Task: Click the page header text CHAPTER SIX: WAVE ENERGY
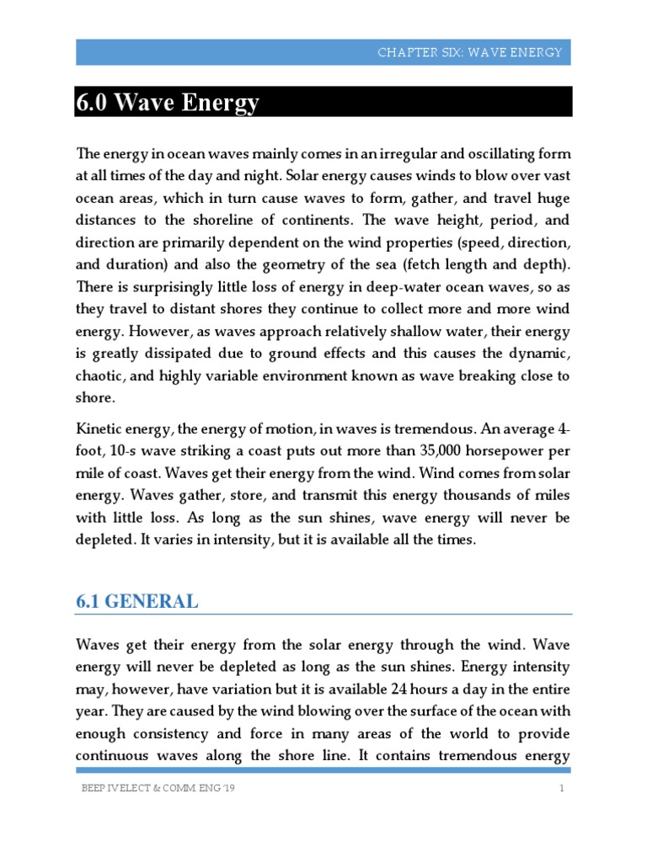[470, 52]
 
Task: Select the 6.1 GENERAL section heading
[137, 601]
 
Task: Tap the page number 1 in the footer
[559, 788]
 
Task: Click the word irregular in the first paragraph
[391, 154]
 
